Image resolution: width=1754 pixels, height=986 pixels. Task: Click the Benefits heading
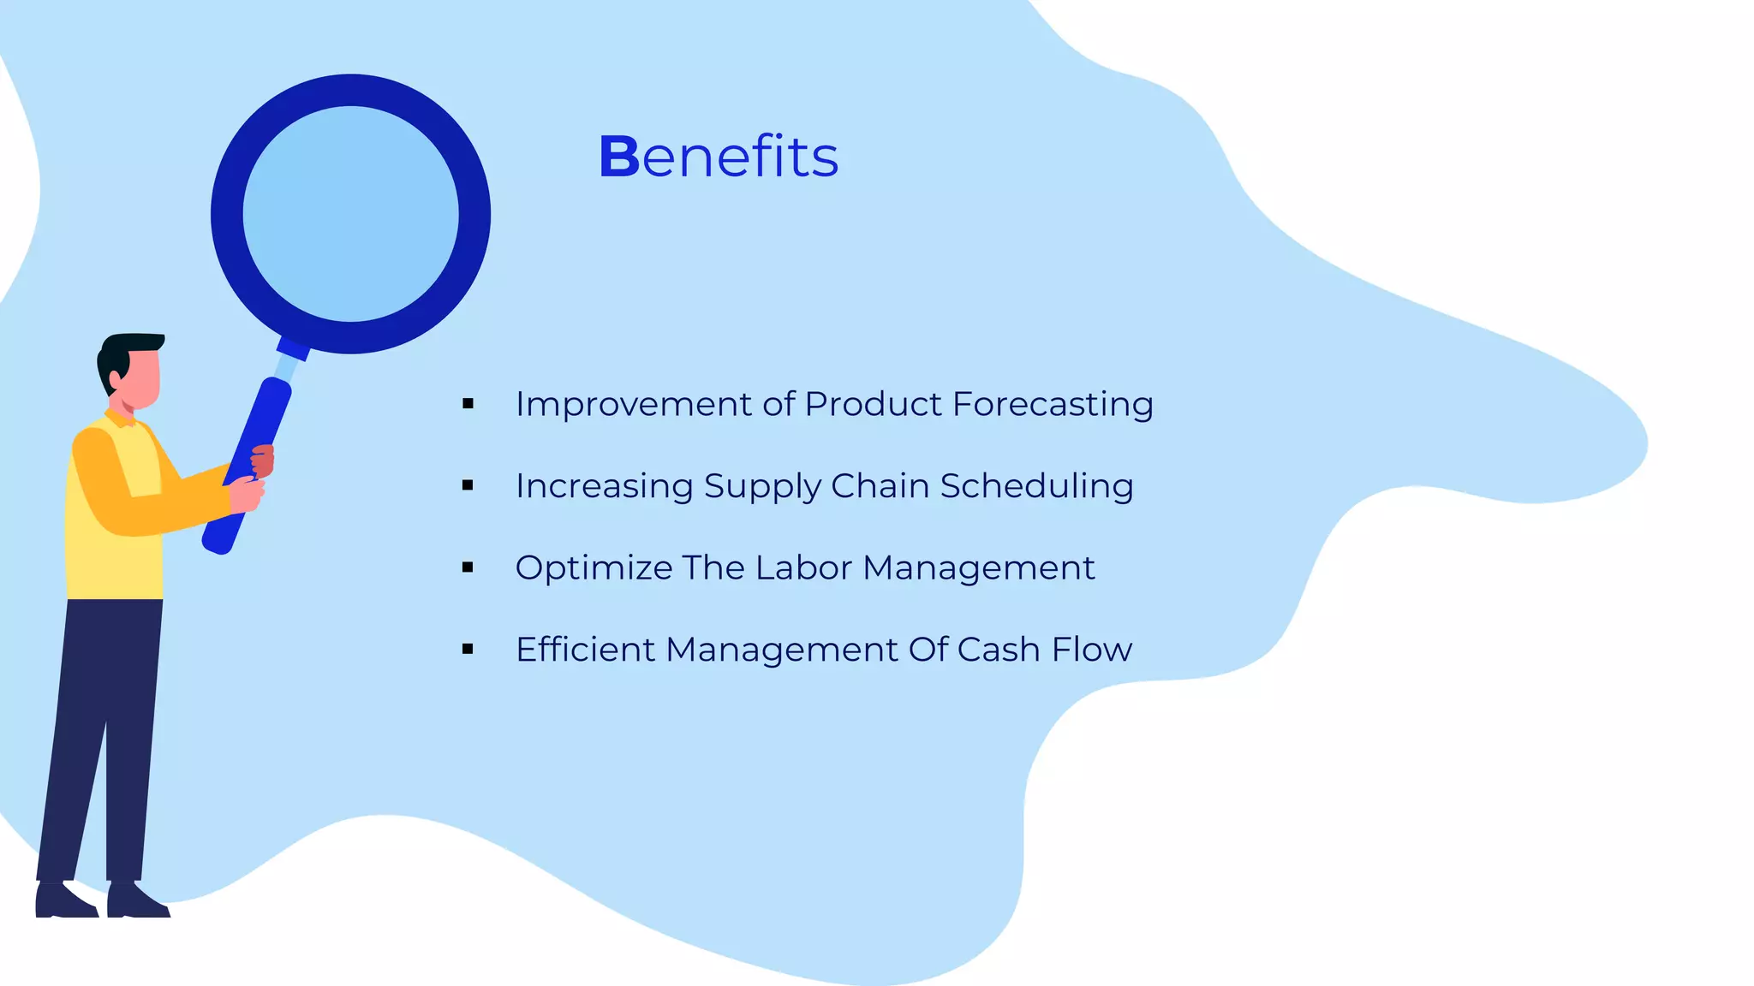(x=718, y=157)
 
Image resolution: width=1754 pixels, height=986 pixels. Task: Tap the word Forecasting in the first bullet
(x=1053, y=404)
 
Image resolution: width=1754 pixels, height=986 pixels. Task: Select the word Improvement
(x=632, y=404)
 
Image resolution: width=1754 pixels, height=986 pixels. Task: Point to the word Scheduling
(x=1036, y=486)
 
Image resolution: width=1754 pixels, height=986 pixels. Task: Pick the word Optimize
(x=594, y=568)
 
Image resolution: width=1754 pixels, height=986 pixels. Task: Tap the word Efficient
(x=585, y=650)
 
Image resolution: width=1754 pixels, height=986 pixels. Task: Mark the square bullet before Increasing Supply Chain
(x=468, y=486)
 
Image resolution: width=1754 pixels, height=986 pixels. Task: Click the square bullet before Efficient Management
(x=468, y=650)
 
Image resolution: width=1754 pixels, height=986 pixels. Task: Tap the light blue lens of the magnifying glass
(x=350, y=214)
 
